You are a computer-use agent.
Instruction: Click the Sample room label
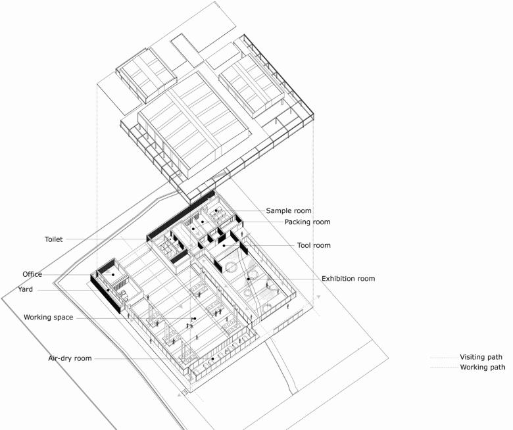tap(289, 211)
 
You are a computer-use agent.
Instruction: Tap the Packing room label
tap(308, 222)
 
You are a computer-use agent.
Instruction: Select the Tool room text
tap(314, 245)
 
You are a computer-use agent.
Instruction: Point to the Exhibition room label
tap(348, 279)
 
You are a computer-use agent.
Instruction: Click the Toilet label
tap(54, 239)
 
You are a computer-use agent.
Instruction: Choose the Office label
tap(32, 274)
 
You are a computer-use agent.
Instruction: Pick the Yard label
tap(25, 289)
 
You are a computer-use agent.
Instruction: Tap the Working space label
tap(49, 318)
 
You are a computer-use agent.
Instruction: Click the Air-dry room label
tap(70, 358)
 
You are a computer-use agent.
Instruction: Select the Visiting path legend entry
tap(481, 357)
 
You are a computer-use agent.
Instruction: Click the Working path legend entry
tap(483, 368)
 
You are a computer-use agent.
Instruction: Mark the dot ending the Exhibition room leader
tap(249, 279)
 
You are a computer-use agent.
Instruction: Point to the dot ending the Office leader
tap(113, 275)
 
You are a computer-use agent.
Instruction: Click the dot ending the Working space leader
tap(195, 318)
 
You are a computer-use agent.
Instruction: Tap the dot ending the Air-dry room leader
tap(212, 359)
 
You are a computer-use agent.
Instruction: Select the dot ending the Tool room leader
tap(224, 245)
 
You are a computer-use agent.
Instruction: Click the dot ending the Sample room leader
tap(216, 210)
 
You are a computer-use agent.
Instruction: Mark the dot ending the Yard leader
tap(108, 290)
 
